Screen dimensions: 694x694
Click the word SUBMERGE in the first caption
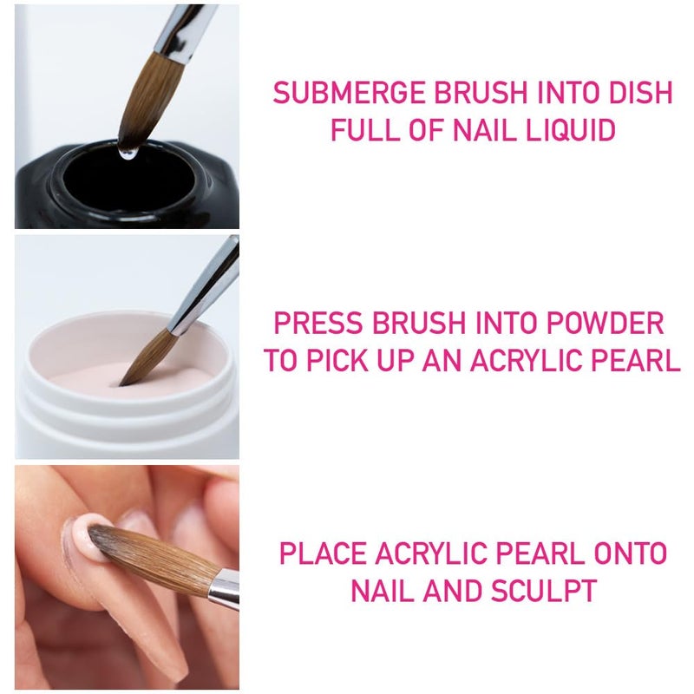click(x=347, y=92)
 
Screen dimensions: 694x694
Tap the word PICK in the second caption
click(x=343, y=361)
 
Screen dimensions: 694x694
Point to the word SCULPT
click(x=544, y=591)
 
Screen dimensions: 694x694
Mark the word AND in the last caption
click(x=452, y=591)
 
